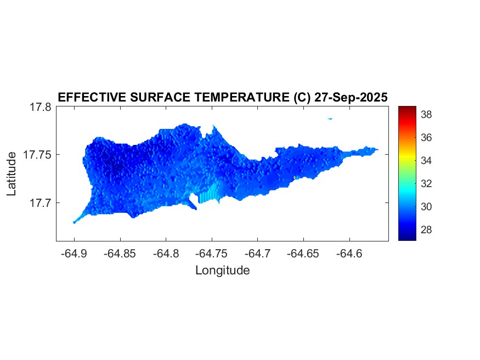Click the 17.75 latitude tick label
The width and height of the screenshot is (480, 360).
pyautogui.click(x=37, y=155)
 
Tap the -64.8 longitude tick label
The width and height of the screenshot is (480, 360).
pyautogui.click(x=166, y=254)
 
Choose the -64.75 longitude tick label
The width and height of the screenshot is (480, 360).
pyautogui.click(x=211, y=254)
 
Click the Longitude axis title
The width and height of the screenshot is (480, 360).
pyautogui.click(x=222, y=270)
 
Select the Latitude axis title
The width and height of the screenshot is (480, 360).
pyautogui.click(x=12, y=174)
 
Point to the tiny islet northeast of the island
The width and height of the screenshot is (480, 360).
pyautogui.click(x=330, y=118)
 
